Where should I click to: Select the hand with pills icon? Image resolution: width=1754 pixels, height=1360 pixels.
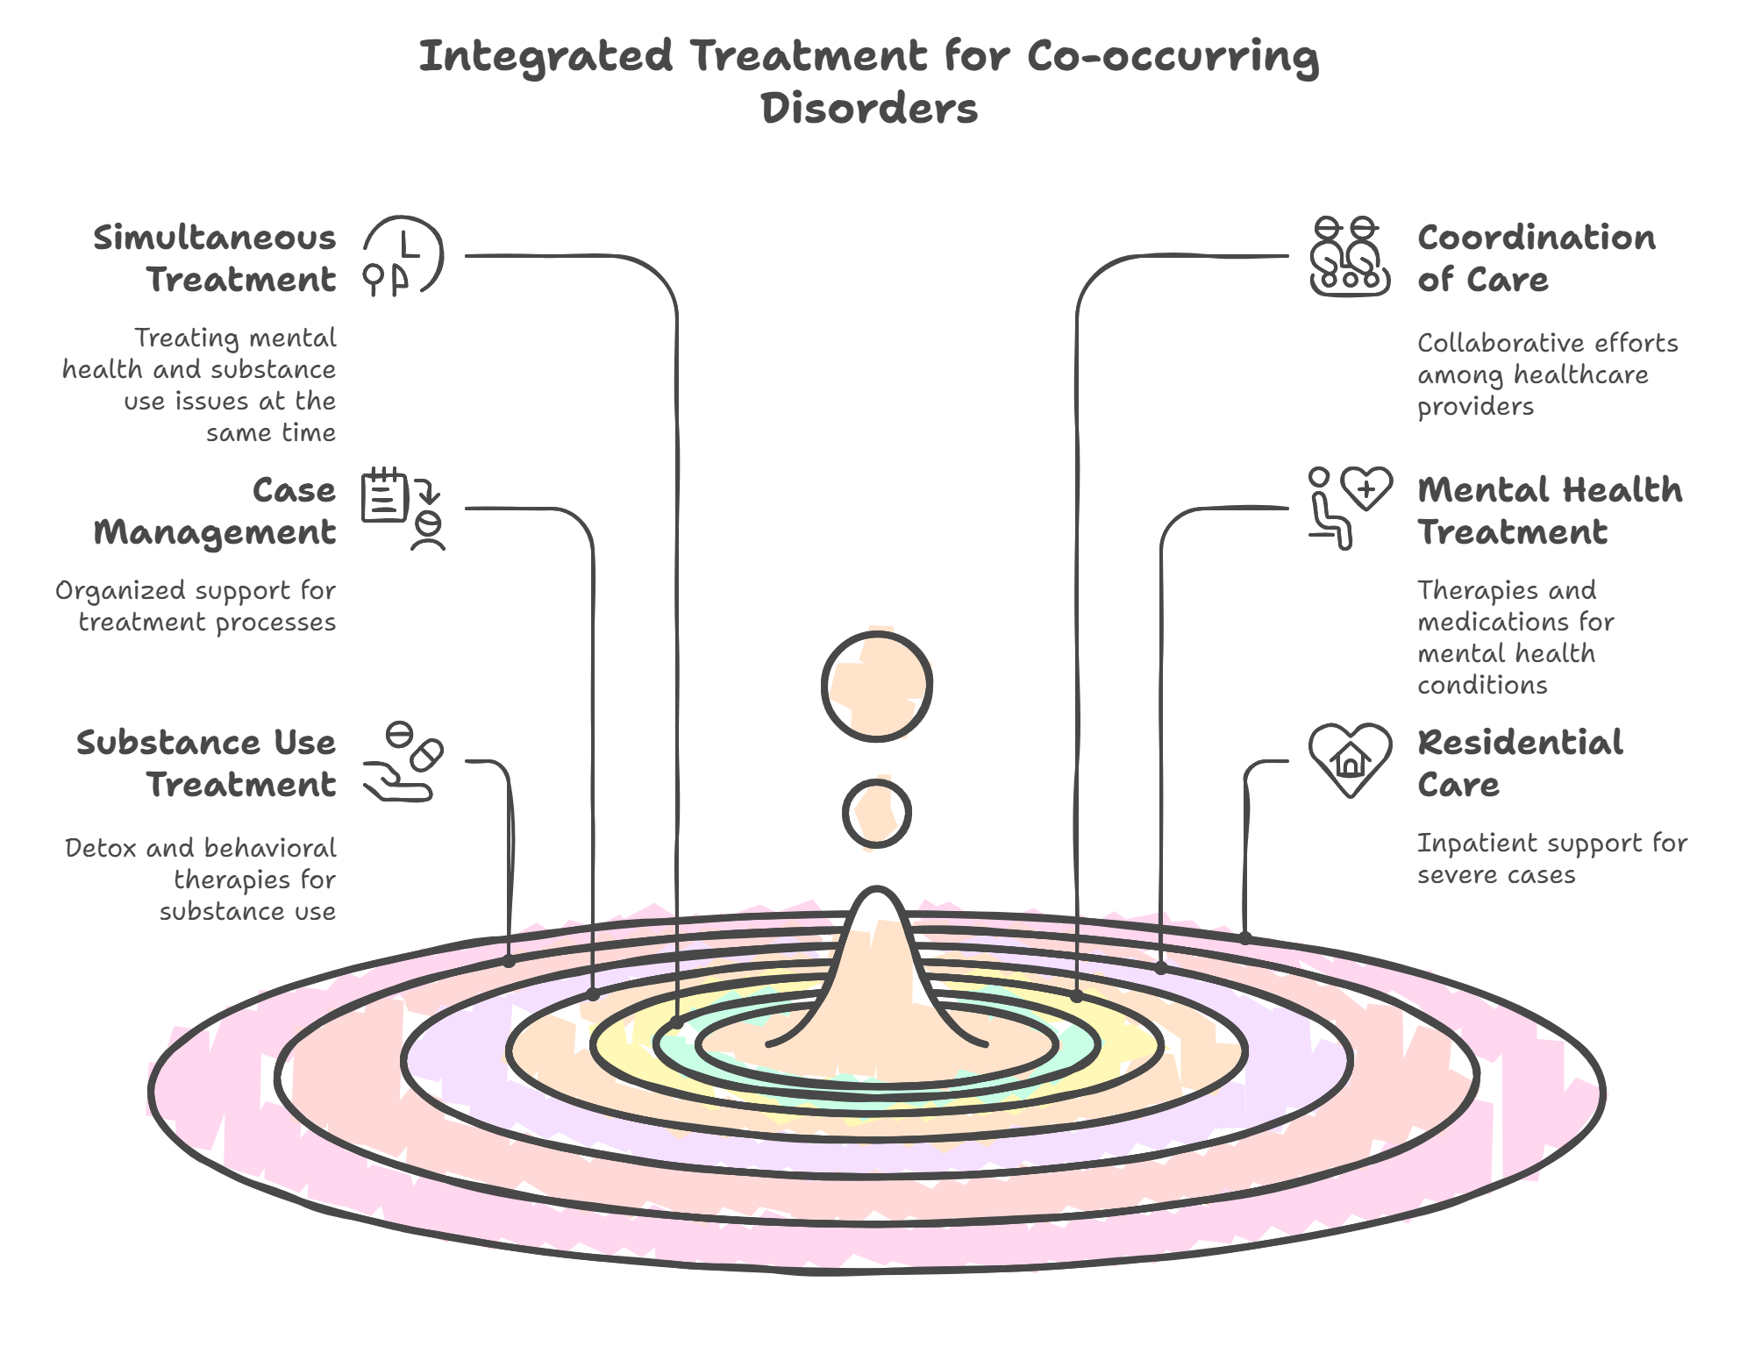tap(403, 762)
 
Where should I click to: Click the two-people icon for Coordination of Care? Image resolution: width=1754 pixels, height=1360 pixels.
tap(1349, 256)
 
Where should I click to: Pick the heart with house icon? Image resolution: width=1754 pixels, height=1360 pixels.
tap(1350, 759)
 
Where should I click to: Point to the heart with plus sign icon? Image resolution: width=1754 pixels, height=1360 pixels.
tap(1366, 488)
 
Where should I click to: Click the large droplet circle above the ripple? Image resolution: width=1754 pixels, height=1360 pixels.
tap(876, 687)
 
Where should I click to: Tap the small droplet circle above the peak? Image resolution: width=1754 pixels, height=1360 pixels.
tap(876, 814)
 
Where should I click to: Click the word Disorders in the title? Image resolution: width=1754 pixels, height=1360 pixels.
tap(868, 109)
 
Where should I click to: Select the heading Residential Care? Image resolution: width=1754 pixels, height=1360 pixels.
tap(1519, 763)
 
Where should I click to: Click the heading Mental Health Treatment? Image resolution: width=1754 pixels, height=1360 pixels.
tap(1549, 510)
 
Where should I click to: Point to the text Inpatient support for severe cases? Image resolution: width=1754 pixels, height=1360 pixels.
tap(1551, 858)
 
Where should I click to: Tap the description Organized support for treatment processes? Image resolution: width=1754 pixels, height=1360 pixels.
tap(196, 606)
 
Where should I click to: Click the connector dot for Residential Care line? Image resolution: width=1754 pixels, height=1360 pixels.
tap(1245, 938)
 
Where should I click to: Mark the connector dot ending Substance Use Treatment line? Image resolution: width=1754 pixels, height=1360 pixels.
tap(510, 962)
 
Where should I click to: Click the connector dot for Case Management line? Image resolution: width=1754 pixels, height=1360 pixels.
tap(594, 995)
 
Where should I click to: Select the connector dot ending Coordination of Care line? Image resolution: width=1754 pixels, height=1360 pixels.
tap(1077, 997)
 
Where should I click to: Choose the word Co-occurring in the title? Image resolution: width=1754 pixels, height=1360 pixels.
tap(1172, 56)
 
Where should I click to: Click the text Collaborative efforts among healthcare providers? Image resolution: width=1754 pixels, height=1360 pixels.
tap(1546, 374)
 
